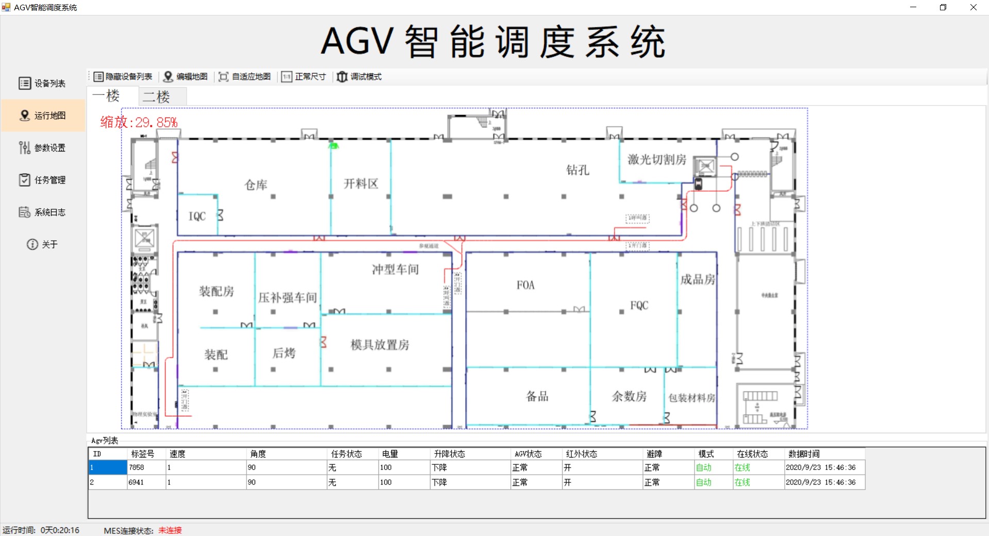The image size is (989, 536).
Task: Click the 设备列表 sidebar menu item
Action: [43, 83]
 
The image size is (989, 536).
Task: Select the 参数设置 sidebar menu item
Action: [43, 148]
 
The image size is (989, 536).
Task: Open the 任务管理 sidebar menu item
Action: [43, 180]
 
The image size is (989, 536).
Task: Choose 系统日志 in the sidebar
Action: [43, 212]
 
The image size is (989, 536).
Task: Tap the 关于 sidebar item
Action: [43, 244]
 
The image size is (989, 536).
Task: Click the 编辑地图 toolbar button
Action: [186, 77]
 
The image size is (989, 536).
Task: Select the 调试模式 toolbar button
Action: [359, 77]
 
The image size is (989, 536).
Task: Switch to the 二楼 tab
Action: [157, 97]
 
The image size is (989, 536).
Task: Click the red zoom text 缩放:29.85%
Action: [139, 123]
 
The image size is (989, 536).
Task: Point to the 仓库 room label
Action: [256, 185]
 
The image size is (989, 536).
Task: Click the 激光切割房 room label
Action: [656, 160]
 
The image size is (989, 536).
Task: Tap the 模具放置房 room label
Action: [380, 345]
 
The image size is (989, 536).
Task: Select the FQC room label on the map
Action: [639, 306]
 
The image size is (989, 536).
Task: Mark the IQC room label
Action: [197, 216]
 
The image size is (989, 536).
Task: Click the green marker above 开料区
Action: [334, 146]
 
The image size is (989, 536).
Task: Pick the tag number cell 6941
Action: [137, 482]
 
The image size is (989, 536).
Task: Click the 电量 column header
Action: [390, 454]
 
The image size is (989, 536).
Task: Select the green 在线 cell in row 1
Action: [742, 467]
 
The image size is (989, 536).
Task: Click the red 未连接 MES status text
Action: [170, 530]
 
